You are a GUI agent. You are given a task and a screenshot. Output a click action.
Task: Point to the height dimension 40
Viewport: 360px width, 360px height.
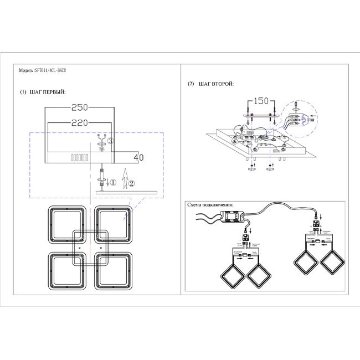coord(138,158)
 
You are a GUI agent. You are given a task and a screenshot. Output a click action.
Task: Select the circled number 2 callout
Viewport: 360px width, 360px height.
coord(131,181)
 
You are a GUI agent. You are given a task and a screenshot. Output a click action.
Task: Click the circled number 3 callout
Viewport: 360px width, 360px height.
coord(110,142)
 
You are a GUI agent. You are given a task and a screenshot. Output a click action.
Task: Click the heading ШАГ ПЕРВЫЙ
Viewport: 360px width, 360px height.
coord(45,92)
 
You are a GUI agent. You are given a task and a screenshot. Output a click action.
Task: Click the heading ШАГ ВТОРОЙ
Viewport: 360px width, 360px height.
coord(214,84)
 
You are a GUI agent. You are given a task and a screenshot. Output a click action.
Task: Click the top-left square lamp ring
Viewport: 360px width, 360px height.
coord(66,223)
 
